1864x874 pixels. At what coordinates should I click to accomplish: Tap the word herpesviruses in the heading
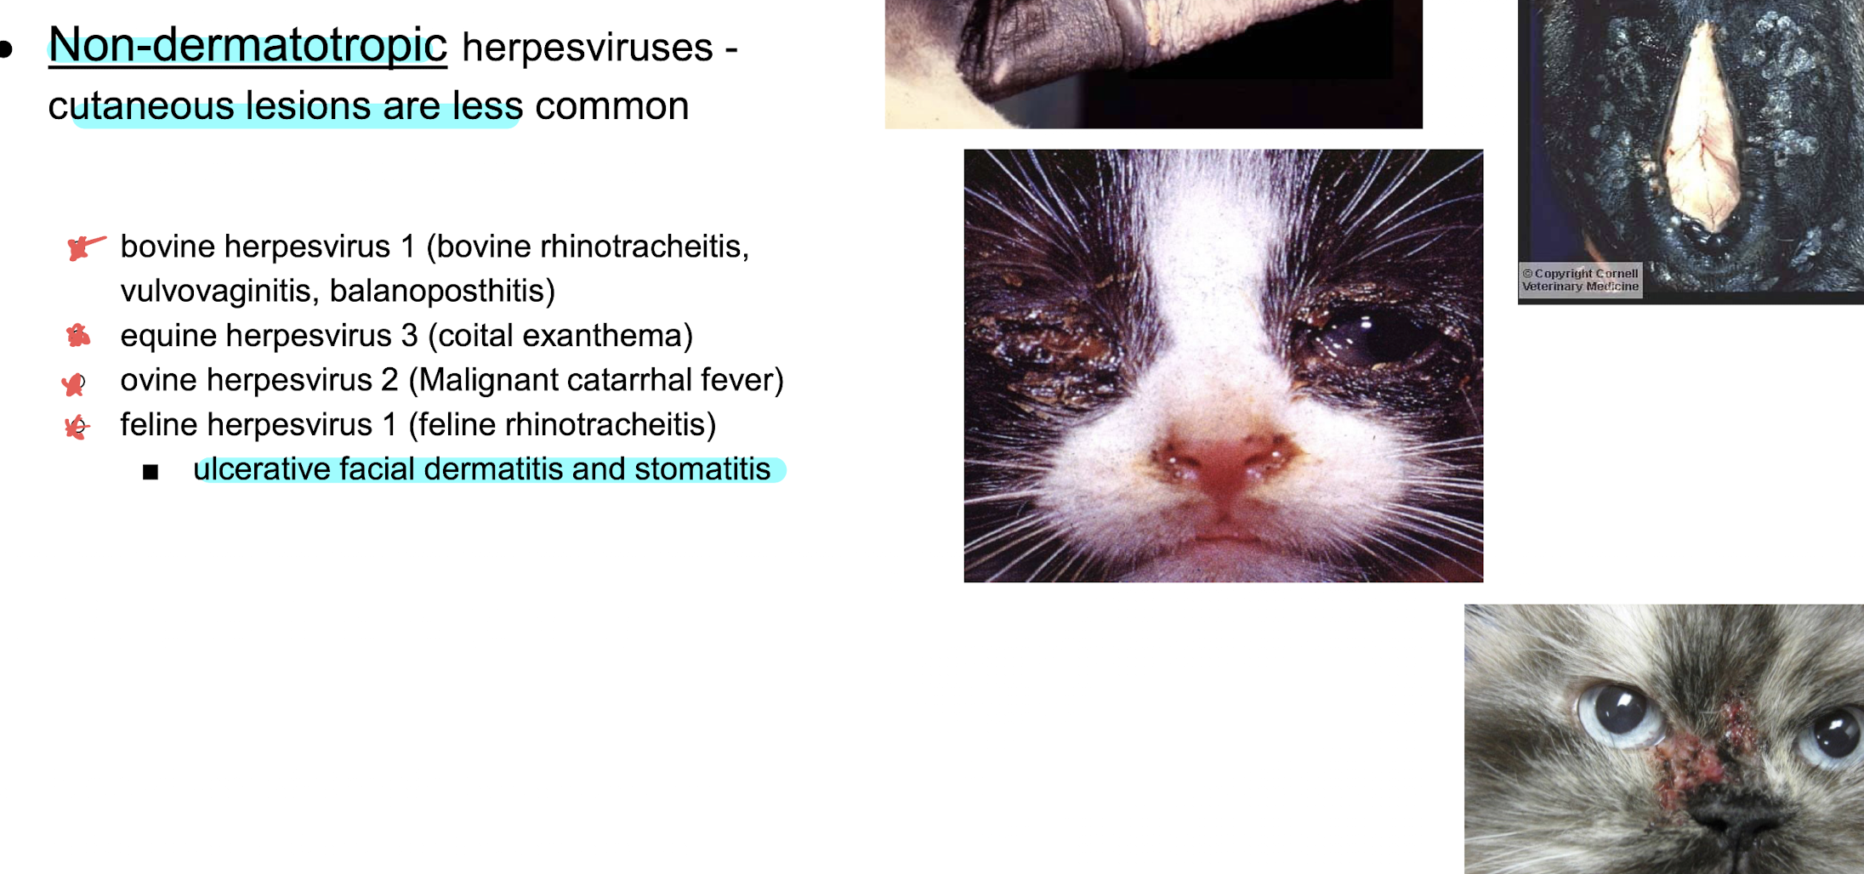tap(587, 47)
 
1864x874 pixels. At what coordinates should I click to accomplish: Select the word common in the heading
tap(611, 106)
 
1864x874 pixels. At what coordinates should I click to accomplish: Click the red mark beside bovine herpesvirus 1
tap(86, 247)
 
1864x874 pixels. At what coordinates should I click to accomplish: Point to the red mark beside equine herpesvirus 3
tap(78, 336)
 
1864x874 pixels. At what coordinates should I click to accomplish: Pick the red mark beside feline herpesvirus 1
tap(77, 426)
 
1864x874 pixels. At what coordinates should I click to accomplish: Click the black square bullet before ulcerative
tap(151, 472)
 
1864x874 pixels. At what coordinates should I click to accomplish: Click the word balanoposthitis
tap(442, 291)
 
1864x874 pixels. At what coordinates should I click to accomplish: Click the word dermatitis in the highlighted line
tap(493, 469)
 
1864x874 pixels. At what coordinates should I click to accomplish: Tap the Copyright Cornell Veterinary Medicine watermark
tap(1581, 280)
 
